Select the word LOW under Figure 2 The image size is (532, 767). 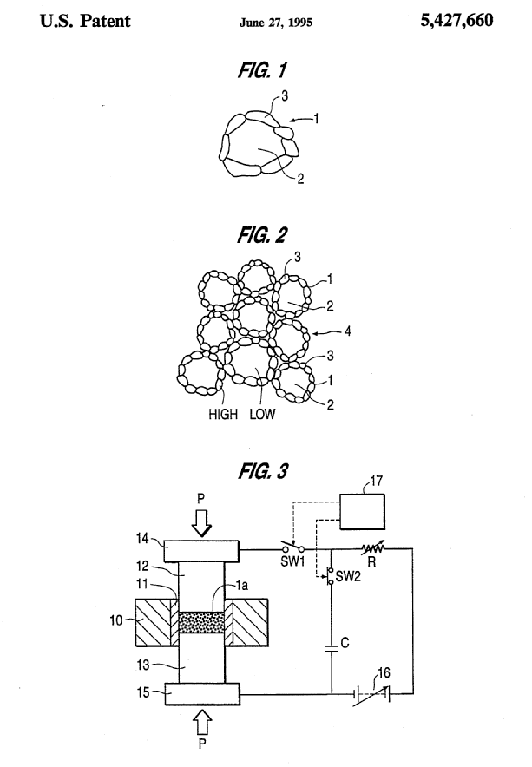262,414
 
